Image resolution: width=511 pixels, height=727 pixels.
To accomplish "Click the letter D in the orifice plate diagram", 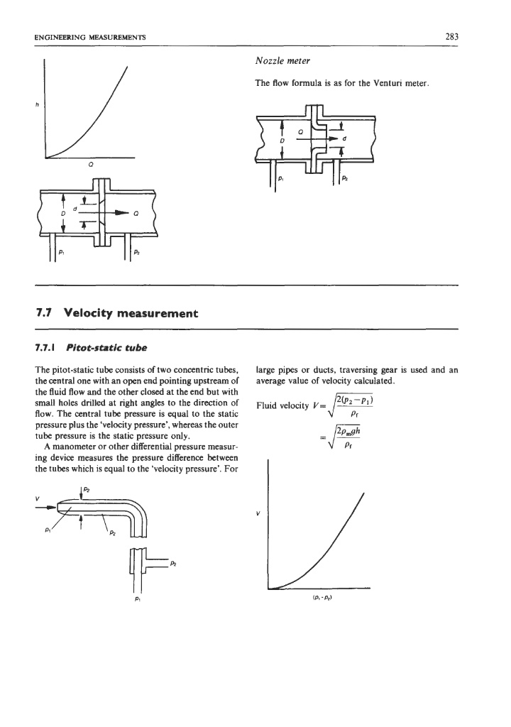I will [63, 212].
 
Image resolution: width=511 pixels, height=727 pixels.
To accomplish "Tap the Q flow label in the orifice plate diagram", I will [136, 212].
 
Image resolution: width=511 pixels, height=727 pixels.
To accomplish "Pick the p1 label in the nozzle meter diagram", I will [280, 180].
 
